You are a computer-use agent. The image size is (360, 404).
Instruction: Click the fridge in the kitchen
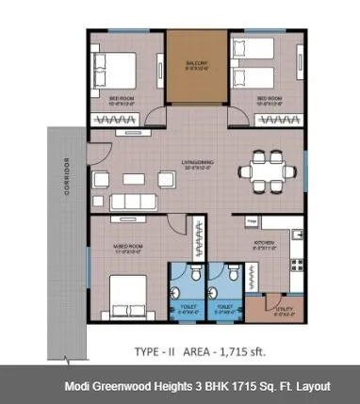[253, 221]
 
